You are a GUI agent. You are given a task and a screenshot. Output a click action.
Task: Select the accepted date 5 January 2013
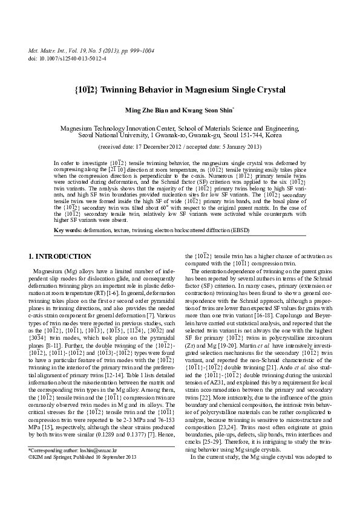239,147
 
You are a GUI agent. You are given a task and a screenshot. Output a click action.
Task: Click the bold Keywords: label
68,230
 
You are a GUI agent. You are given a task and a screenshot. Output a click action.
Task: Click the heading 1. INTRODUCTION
60,257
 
